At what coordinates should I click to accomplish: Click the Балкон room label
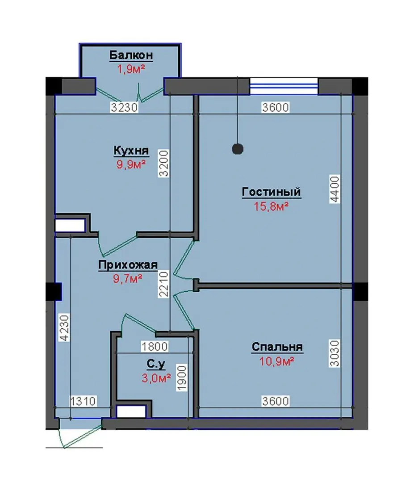click(131, 55)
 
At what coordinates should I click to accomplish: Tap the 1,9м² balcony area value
click(131, 70)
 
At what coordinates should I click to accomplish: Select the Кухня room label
click(131, 150)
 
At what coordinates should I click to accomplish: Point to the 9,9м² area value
click(131, 164)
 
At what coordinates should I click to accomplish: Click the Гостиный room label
click(271, 192)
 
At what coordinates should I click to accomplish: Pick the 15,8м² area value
click(271, 207)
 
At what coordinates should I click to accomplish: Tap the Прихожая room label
click(128, 265)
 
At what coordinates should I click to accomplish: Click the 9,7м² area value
click(128, 279)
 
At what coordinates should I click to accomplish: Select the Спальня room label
click(277, 347)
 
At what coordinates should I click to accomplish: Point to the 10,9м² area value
click(277, 361)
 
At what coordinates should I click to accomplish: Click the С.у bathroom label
click(156, 364)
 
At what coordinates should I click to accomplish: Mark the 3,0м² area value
click(156, 378)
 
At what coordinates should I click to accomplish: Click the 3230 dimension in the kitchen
click(124, 107)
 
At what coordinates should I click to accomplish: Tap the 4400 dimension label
click(335, 189)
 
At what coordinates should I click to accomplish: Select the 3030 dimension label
click(335, 353)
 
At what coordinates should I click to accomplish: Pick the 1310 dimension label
click(84, 401)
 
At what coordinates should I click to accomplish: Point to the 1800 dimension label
click(154, 346)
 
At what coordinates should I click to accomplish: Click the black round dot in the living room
click(238, 149)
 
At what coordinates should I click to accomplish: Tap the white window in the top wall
click(284, 86)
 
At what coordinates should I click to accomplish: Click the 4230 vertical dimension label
click(65, 327)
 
